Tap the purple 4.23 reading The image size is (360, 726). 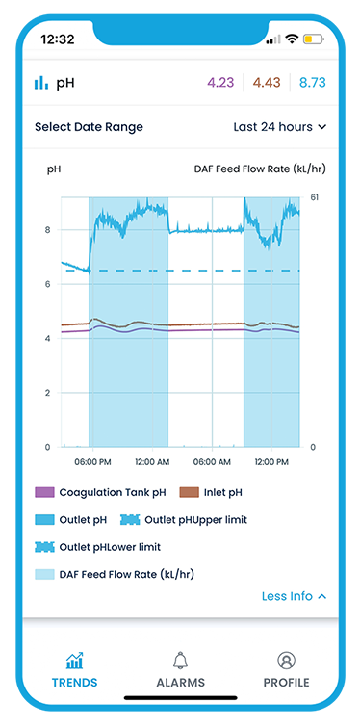220,83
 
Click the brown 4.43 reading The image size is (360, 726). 267,83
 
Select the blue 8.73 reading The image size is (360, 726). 312,83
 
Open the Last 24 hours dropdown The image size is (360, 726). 280,127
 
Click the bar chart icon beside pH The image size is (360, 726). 41,83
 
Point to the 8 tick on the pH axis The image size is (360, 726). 47,230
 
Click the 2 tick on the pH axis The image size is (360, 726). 47,393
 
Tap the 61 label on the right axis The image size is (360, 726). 314,197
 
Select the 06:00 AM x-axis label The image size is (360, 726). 212,462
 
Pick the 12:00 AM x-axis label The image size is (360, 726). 152,462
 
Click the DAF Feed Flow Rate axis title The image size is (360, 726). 260,169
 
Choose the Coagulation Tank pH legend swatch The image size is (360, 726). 44,492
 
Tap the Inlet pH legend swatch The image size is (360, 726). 189,492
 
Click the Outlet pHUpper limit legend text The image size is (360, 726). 195,520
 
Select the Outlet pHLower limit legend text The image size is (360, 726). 110,547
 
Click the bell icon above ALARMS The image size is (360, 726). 180,661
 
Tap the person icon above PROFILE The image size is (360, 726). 286,661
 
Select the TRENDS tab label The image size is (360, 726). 74,683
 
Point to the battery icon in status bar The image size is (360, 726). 314,39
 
